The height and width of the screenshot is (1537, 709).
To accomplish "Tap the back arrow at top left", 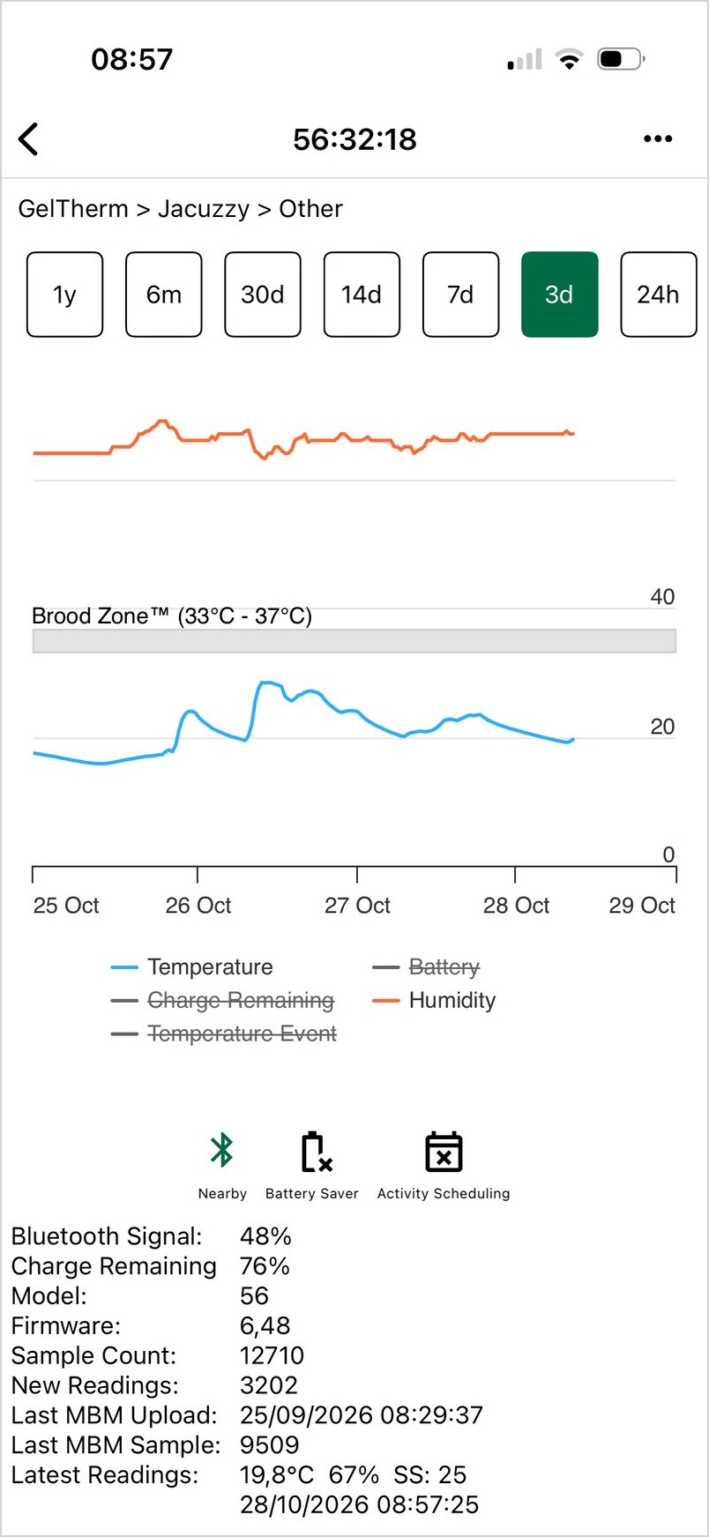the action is [28, 139].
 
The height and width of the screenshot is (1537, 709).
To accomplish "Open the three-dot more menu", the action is [658, 139].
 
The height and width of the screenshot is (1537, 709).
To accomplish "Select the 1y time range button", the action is [65, 295].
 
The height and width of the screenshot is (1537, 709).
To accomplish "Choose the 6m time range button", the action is [164, 295].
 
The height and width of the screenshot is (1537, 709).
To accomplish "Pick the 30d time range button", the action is [263, 295].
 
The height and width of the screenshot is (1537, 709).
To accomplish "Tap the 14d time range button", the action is [362, 295].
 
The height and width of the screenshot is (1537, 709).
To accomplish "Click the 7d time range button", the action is [460, 295].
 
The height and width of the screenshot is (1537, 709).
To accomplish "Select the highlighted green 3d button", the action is [560, 295].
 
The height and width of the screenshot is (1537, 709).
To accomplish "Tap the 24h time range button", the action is [659, 295].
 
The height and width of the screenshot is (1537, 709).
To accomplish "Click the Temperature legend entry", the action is [192, 967].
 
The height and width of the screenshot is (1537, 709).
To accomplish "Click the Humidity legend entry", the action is [434, 1001].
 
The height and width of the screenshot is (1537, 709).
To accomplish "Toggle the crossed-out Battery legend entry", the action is [427, 967].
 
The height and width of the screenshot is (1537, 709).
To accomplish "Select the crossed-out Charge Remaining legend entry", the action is [222, 1001].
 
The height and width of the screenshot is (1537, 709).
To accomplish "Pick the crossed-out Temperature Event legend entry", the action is [224, 1033].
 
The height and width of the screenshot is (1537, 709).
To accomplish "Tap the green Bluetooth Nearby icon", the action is [221, 1151].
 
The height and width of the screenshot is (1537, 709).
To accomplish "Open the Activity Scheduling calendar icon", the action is [444, 1152].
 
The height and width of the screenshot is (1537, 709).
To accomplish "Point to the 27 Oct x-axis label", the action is [357, 906].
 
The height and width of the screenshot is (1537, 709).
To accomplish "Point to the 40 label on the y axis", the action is [662, 597].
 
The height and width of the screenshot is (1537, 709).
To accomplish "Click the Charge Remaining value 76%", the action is [265, 1266].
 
